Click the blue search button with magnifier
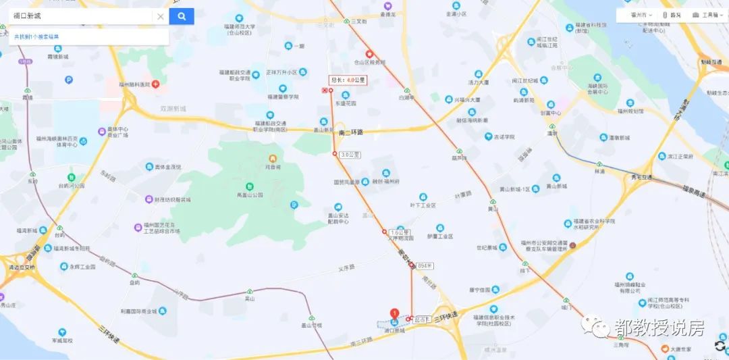point(182,16)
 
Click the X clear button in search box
point(161,17)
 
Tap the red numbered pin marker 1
point(394,313)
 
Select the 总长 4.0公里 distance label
point(348,80)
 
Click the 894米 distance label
point(425,265)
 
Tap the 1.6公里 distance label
point(400,232)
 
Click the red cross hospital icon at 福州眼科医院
point(156,84)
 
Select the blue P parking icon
point(69,80)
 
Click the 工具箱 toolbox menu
point(706,14)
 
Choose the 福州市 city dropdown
point(639,14)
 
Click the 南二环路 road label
point(350,132)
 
